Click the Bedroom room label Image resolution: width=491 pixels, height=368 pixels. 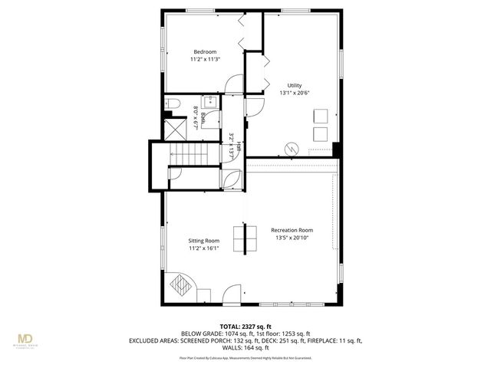click(204, 51)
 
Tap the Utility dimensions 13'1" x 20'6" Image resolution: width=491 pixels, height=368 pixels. click(295, 93)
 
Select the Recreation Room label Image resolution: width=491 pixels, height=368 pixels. click(292, 230)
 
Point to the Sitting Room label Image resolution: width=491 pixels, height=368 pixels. click(204, 241)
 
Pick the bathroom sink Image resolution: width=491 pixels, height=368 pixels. click(211, 102)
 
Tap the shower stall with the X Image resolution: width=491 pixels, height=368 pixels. click(175, 127)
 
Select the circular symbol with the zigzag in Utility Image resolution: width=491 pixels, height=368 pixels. click(292, 147)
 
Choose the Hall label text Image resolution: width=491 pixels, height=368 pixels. click(239, 145)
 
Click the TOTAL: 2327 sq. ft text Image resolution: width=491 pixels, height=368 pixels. click(245, 327)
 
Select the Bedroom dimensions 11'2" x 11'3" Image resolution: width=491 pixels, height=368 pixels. click(204, 59)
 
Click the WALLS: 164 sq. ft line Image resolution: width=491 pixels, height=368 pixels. click(245, 347)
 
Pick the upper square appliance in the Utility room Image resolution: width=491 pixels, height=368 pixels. click(319, 117)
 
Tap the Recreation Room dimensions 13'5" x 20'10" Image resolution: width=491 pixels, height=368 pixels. click(292, 238)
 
